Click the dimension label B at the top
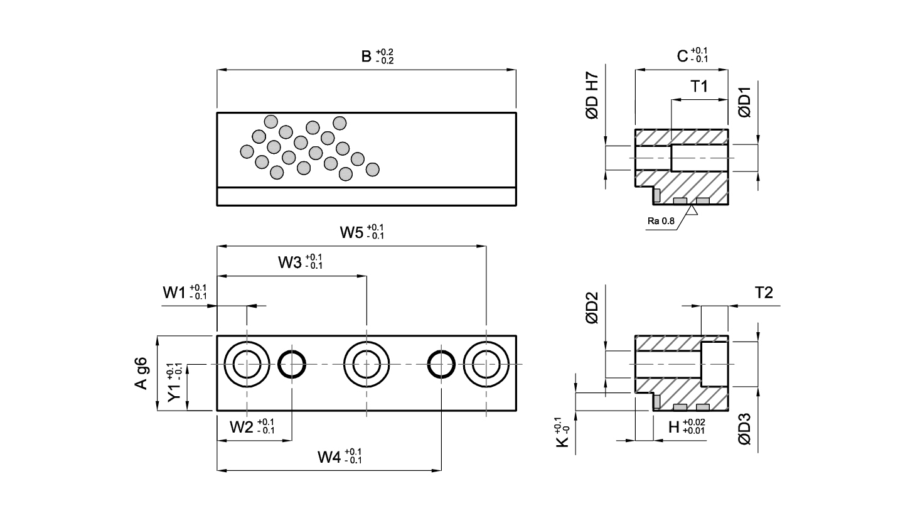coord(377,57)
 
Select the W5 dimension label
coord(362,232)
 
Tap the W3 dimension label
coord(300,262)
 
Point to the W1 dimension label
coord(185,292)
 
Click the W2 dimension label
coord(252,426)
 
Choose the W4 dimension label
coord(340,456)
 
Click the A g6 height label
coord(141,373)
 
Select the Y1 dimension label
coord(174,382)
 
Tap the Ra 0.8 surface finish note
coord(661,221)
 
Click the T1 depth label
coord(699,86)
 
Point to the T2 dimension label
coord(764,293)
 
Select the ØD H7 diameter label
coord(592,95)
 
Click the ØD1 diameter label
coord(744,102)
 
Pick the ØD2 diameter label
coord(592,308)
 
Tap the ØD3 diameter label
coord(744,428)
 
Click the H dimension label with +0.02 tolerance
coord(687,427)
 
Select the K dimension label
coord(562,432)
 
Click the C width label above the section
coord(692,55)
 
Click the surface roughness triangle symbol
coord(692,210)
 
